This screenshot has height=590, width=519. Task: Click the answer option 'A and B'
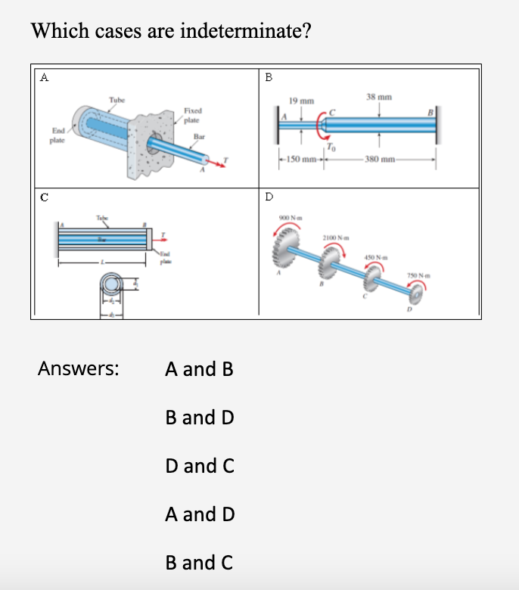click(199, 369)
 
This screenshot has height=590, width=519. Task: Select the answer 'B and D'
click(199, 417)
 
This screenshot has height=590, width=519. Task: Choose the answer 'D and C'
click(199, 466)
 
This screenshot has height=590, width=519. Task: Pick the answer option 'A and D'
click(200, 514)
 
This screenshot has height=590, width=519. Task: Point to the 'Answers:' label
click(78, 369)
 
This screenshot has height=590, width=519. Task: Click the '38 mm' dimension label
click(378, 98)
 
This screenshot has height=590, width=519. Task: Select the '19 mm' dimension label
click(301, 101)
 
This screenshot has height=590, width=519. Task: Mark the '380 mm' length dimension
click(379, 159)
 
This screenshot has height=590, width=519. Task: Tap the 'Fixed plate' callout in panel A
click(191, 115)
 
